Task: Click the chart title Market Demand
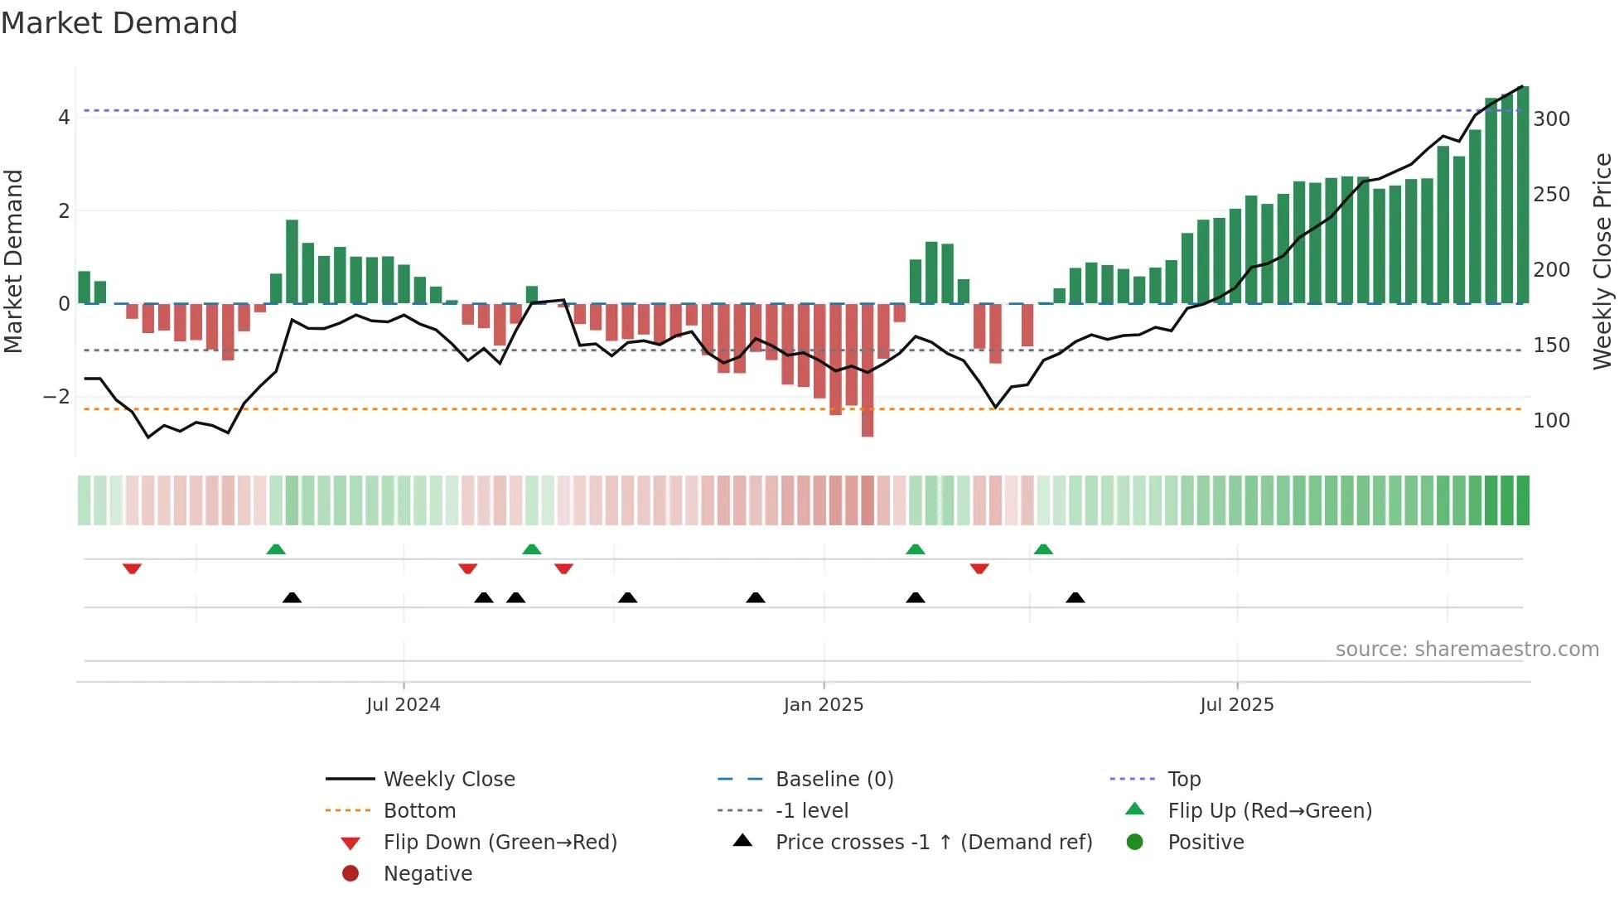coord(119,23)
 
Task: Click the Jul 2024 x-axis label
coord(403,704)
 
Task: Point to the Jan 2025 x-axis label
coord(823,704)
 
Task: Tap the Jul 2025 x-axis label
coord(1236,704)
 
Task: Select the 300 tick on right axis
coord(1551,119)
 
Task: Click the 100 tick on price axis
coord(1551,421)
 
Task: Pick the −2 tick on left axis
coord(56,397)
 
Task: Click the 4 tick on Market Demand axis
coord(64,118)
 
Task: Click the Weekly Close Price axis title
coord(1602,261)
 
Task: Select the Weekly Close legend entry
coord(448,779)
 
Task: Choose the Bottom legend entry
coord(419,810)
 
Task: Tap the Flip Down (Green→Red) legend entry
coord(500,842)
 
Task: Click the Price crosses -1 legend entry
coord(933,842)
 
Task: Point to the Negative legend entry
coord(428,873)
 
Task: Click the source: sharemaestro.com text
coord(1467,649)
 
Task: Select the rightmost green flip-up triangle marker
coord(1043,549)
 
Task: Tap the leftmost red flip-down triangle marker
coord(132,568)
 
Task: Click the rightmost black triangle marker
coord(1075,597)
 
